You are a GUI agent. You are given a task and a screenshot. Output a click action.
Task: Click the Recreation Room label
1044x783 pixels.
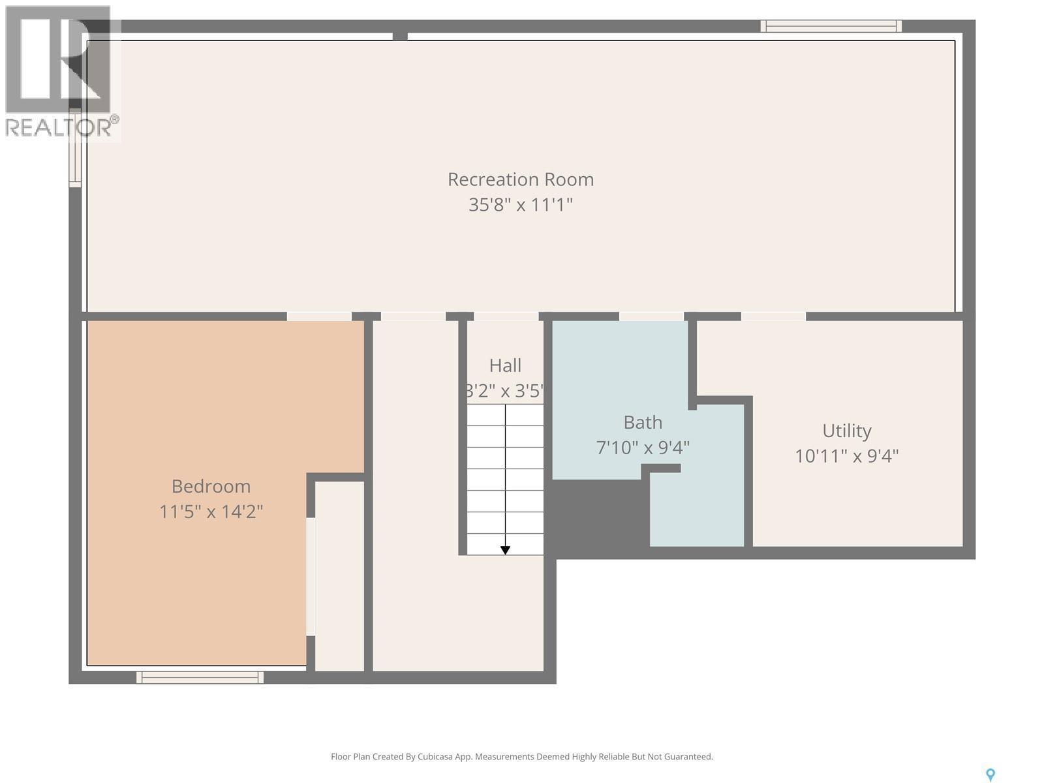pyautogui.click(x=520, y=179)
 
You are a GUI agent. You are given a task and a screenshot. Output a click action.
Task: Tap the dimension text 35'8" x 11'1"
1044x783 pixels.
pyautogui.click(x=520, y=205)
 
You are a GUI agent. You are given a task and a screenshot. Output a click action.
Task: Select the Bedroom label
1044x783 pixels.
pyautogui.click(x=211, y=486)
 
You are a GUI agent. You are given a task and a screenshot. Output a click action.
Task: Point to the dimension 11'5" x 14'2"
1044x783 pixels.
pyautogui.click(x=211, y=512)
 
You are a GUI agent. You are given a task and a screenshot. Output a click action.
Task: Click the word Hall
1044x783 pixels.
pyautogui.click(x=505, y=365)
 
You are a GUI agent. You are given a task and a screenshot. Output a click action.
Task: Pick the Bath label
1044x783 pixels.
pyautogui.click(x=643, y=423)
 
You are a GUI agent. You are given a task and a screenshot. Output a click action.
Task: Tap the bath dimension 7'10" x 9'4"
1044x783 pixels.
pyautogui.click(x=643, y=448)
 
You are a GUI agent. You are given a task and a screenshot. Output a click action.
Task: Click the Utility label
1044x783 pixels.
pyautogui.click(x=846, y=431)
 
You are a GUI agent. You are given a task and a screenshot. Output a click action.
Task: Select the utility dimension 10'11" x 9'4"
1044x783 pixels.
pyautogui.click(x=846, y=455)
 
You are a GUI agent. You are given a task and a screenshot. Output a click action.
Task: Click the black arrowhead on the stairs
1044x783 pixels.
pyautogui.click(x=505, y=551)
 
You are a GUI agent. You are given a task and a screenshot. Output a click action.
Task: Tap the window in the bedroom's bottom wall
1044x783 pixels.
pyautogui.click(x=200, y=677)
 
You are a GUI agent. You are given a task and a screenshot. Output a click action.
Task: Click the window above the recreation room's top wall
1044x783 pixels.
pyautogui.click(x=831, y=26)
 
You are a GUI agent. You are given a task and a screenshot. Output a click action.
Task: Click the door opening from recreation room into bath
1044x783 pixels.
pyautogui.click(x=651, y=316)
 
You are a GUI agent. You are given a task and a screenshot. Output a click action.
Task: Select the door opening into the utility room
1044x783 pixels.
pyautogui.click(x=773, y=316)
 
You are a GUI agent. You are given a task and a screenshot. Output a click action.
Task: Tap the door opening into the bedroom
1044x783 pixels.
pyautogui.click(x=319, y=316)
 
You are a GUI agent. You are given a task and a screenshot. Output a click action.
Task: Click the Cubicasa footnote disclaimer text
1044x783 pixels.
pyautogui.click(x=521, y=757)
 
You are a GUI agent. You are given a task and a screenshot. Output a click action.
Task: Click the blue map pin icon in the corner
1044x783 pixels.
pyautogui.click(x=990, y=775)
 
